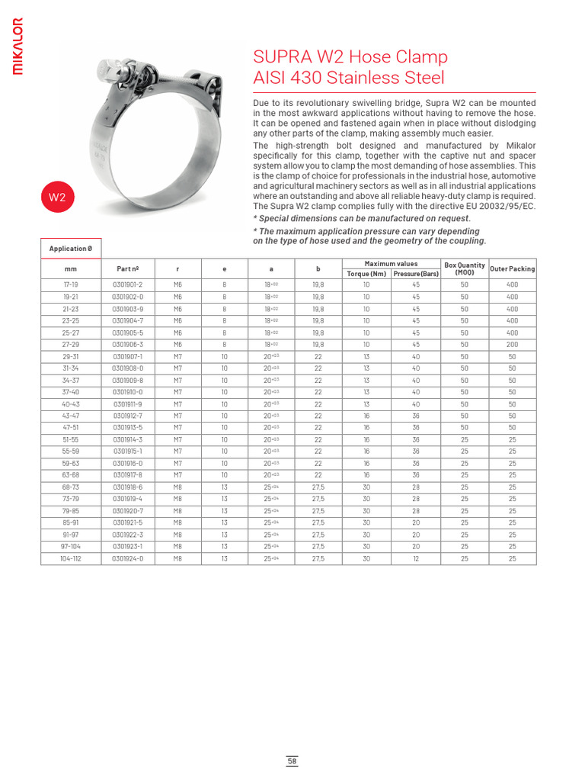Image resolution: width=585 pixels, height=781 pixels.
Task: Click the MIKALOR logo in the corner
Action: tap(18, 47)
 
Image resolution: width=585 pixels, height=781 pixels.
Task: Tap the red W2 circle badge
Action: tap(57, 197)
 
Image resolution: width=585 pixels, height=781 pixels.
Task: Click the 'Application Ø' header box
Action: tap(71, 249)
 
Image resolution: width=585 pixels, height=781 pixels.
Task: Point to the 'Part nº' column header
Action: tap(128, 268)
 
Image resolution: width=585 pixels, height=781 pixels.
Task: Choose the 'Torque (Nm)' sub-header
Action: tap(366, 273)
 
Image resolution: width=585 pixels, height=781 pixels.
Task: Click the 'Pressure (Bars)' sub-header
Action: tap(416, 273)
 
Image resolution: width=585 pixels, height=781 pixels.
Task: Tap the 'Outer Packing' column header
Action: tap(512, 268)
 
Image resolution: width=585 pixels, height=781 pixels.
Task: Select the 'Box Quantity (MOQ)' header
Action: tap(465, 268)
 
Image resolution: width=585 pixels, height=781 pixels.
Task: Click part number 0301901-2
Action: tap(128, 284)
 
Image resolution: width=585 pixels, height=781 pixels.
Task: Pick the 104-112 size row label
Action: tap(71, 558)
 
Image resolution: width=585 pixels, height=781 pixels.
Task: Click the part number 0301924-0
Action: tap(128, 558)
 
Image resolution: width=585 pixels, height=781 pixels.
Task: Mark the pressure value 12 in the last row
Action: tap(416, 558)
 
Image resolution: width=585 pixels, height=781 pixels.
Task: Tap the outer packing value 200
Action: tap(512, 344)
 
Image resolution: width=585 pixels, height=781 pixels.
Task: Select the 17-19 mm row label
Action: tap(71, 284)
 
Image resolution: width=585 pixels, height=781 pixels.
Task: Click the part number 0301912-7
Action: tap(128, 416)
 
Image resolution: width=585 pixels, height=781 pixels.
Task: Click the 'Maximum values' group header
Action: tap(391, 263)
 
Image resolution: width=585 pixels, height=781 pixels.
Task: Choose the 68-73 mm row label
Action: tap(71, 487)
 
